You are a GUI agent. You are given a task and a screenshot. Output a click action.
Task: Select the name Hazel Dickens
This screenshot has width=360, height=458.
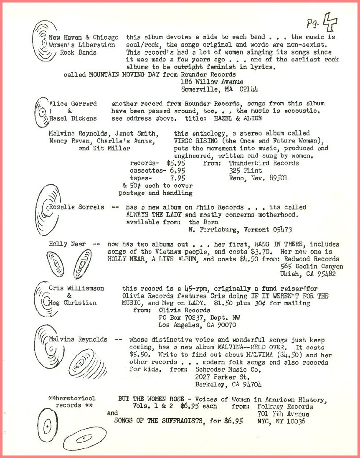73,118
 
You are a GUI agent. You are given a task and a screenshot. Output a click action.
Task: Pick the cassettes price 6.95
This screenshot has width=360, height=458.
177,170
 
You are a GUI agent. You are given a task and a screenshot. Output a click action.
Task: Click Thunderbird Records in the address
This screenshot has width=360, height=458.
264,163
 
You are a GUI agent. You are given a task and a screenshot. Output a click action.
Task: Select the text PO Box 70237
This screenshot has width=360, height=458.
177,317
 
